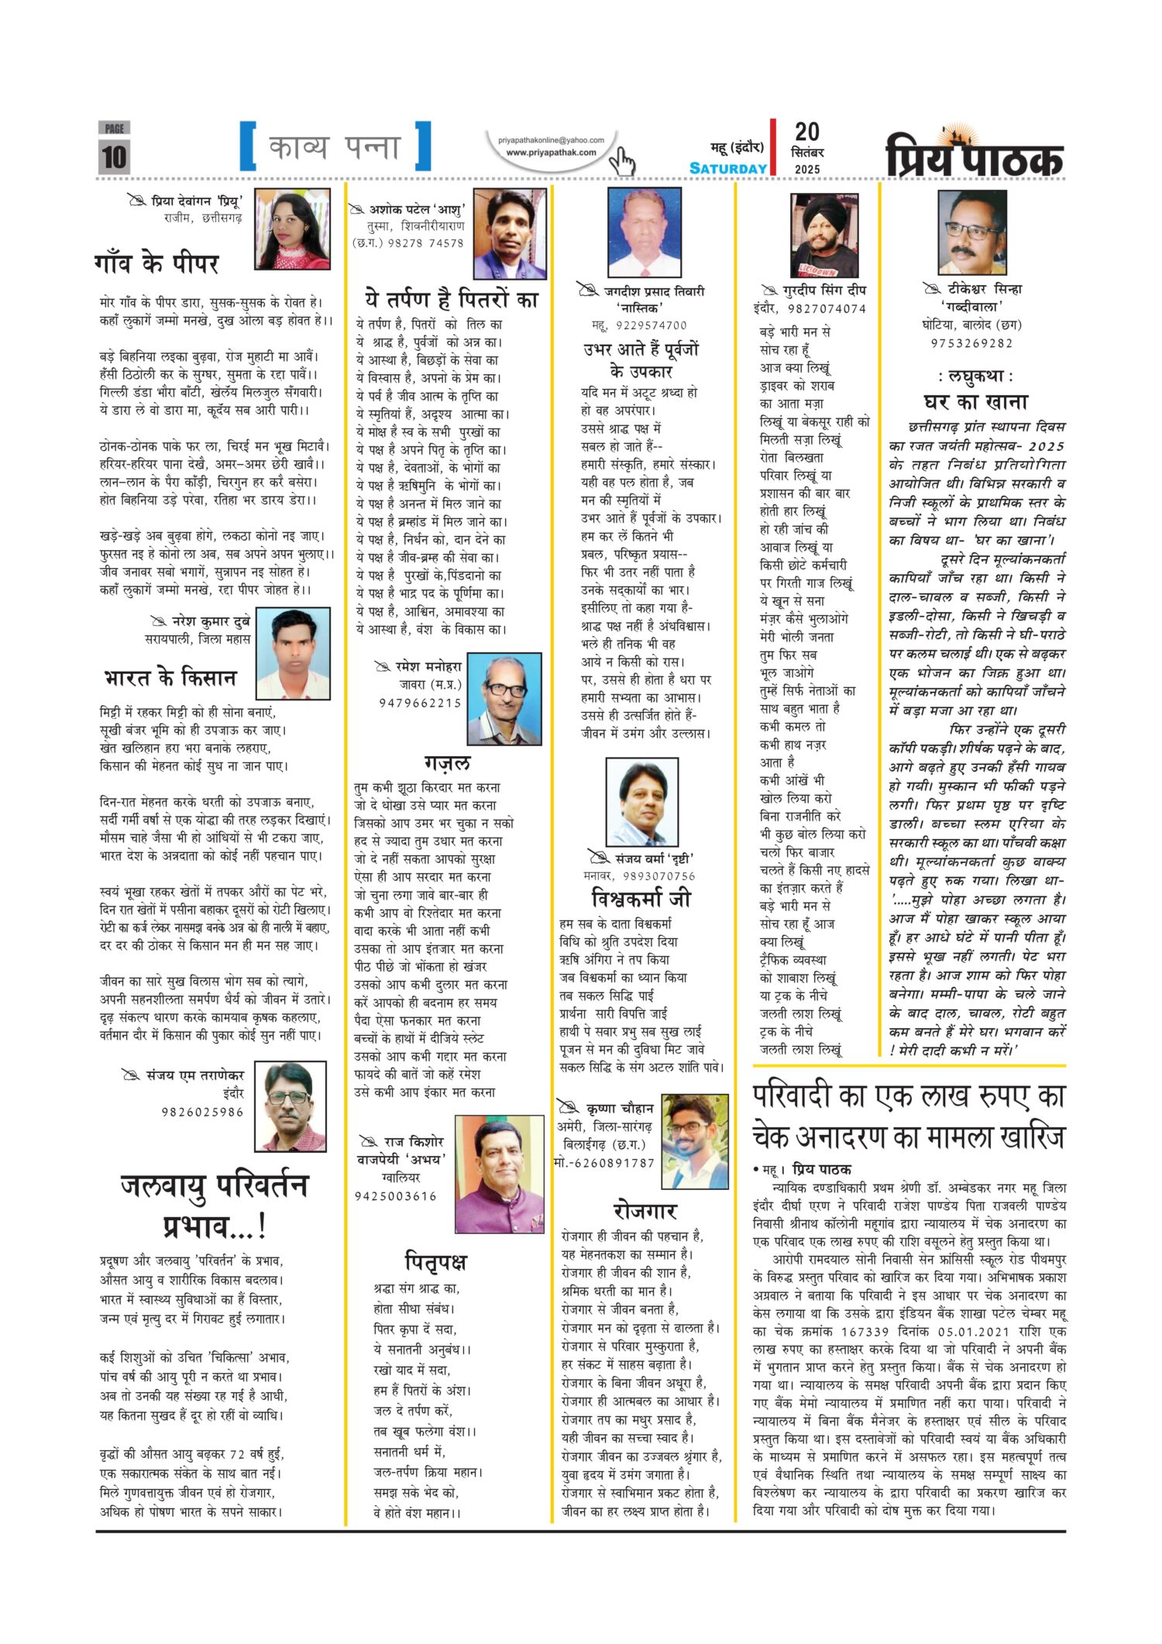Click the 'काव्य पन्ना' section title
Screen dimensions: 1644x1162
click(335, 147)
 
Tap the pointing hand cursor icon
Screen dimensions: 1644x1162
click(621, 161)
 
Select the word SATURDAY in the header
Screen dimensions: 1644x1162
click(727, 168)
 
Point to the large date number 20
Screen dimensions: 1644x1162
click(806, 132)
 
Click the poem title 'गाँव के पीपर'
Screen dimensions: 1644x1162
click(156, 264)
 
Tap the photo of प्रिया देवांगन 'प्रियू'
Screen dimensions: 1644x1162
click(292, 229)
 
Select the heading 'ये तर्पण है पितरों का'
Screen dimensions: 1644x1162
click(451, 299)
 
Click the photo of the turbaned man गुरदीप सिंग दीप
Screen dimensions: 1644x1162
click(823, 235)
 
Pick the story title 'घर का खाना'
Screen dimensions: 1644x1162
click(975, 401)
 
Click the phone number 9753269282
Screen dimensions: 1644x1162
click(971, 343)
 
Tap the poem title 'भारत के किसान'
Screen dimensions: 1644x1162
click(170, 678)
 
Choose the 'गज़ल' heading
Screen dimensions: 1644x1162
click(447, 763)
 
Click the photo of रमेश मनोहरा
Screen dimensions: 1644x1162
click(504, 700)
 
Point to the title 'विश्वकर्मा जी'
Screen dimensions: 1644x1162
click(640, 899)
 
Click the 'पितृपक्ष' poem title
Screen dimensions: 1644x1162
click(436, 1261)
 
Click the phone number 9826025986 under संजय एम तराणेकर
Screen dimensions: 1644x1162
click(202, 1112)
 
